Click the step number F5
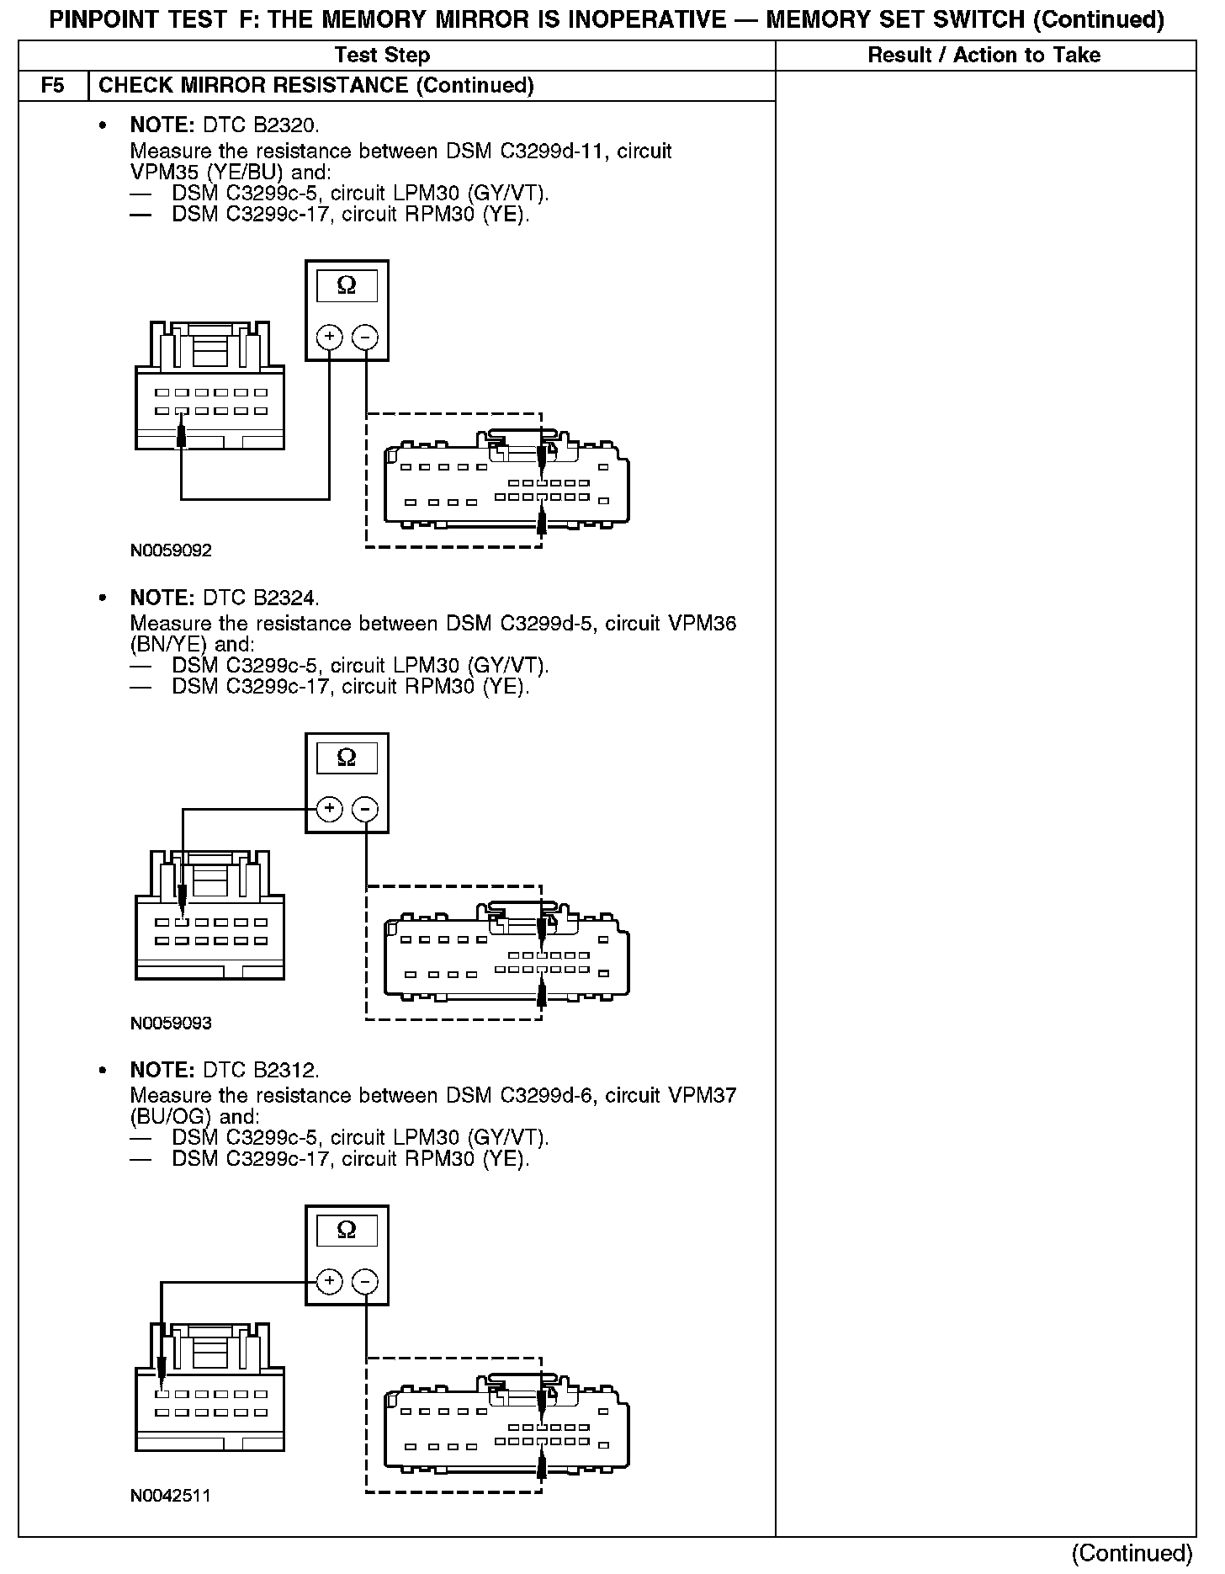(x=52, y=86)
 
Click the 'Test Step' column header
(x=382, y=56)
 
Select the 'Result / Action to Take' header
(x=984, y=56)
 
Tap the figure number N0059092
(x=171, y=551)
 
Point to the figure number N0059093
(x=171, y=1024)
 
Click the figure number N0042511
(x=171, y=1496)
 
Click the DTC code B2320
(x=286, y=126)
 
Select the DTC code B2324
(x=286, y=598)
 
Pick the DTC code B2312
(x=286, y=1071)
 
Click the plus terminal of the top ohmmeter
(x=329, y=338)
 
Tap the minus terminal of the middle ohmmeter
(x=364, y=810)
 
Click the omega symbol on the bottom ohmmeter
(x=347, y=1231)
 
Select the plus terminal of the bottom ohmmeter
(x=329, y=1282)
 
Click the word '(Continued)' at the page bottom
(x=1132, y=1554)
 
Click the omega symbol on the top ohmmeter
(x=347, y=286)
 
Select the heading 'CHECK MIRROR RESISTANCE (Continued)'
(x=316, y=86)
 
